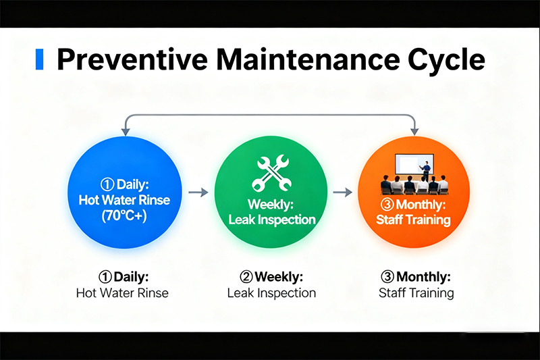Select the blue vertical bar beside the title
tap(39, 59)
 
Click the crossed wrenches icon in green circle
tap(271, 173)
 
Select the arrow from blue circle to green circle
tap(198, 192)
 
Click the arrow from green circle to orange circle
tap(344, 192)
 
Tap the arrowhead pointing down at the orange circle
tap(414, 128)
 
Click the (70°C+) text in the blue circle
tap(124, 217)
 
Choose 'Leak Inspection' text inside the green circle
tap(271, 220)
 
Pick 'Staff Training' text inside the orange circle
tap(414, 220)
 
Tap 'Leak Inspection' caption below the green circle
tap(271, 293)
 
